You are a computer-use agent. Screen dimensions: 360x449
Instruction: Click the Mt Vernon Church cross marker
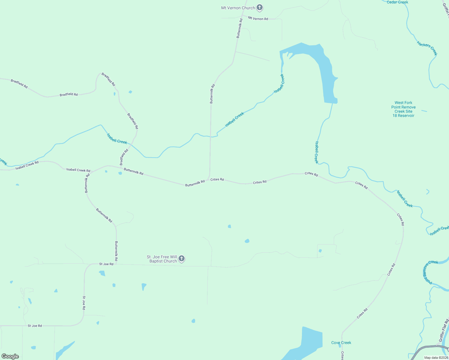260,8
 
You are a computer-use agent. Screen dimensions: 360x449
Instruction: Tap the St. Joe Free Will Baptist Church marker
181,258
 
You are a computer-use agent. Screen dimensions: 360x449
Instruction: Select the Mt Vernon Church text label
238,8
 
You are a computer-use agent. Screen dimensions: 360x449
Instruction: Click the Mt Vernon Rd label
258,19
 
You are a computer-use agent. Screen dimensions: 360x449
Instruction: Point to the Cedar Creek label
397,2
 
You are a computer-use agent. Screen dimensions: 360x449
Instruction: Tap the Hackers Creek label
427,48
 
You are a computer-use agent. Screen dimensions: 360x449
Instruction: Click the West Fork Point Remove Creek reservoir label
403,109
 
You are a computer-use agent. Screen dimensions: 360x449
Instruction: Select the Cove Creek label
341,343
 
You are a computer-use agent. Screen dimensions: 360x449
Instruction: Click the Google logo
10,356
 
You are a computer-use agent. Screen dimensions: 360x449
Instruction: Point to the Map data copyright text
435,358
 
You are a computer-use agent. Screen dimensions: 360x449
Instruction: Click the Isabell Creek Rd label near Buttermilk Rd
78,170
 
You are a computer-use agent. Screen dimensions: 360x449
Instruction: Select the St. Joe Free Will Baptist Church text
162,259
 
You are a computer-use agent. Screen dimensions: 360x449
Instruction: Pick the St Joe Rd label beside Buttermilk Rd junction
106,264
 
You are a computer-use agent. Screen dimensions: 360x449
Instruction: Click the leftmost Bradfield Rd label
19,84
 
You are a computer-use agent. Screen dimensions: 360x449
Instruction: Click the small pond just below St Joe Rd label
102,273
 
